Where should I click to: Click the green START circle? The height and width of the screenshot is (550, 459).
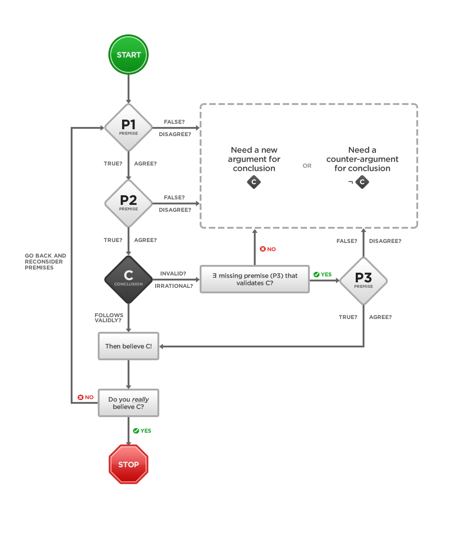(129, 55)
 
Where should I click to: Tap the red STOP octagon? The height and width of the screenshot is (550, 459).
(129, 464)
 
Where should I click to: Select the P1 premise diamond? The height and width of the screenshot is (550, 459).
(129, 127)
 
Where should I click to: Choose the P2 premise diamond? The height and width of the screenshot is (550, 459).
(129, 203)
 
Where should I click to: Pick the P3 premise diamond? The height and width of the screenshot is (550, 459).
(363, 280)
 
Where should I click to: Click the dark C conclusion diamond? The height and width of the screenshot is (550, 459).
(129, 279)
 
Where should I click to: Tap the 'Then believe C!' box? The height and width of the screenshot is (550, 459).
(129, 346)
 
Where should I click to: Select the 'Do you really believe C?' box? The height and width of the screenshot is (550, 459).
(129, 403)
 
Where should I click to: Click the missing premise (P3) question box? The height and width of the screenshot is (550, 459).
(254, 279)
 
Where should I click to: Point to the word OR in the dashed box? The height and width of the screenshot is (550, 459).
(307, 166)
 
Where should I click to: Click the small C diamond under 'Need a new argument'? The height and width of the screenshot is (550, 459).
(254, 182)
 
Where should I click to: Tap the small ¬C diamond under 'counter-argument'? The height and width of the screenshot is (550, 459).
(362, 182)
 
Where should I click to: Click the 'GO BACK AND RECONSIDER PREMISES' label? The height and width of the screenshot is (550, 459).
(45, 261)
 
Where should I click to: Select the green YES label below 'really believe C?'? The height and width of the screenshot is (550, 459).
(142, 431)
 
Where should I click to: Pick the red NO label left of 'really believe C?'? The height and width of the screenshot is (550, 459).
(86, 397)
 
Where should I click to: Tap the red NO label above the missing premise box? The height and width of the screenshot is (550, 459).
(268, 249)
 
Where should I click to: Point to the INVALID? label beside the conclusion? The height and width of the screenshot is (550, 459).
(173, 274)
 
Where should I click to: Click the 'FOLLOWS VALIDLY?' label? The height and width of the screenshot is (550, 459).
(109, 318)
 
